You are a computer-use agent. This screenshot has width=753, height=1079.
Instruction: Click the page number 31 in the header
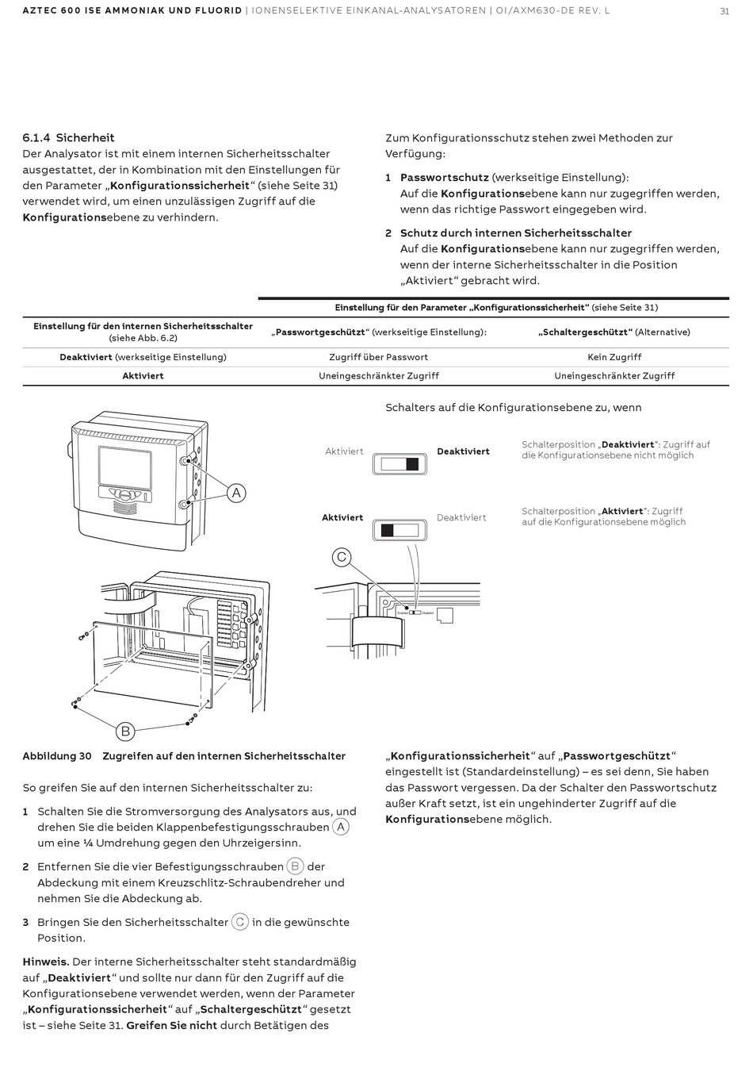tap(724, 11)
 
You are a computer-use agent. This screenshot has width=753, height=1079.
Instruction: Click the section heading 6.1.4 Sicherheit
tap(69, 138)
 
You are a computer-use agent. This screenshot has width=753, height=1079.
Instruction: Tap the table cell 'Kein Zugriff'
tap(614, 357)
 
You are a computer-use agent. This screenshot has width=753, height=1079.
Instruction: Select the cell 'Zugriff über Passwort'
tap(378, 357)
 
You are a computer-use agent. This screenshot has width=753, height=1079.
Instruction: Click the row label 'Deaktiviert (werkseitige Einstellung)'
tap(143, 357)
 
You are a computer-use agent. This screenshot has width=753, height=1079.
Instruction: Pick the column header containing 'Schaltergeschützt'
tap(614, 332)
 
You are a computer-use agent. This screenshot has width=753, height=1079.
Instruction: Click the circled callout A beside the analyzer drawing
tap(235, 493)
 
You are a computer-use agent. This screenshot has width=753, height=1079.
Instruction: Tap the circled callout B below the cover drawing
tap(124, 731)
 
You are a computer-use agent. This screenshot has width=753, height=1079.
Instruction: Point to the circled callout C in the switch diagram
tap(342, 557)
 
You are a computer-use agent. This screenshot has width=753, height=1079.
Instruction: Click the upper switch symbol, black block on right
tap(399, 464)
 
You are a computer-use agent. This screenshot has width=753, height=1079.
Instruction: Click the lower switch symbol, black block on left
tap(399, 530)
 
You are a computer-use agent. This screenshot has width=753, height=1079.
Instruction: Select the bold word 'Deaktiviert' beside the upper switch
tap(463, 451)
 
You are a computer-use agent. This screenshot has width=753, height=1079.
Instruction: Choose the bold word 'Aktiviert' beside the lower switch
tap(342, 517)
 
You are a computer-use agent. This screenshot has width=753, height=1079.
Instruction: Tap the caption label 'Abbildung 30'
tap(57, 756)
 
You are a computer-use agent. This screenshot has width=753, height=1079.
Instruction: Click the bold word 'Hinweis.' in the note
tap(46, 962)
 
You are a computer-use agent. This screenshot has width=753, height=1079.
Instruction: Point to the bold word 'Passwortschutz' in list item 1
tap(444, 178)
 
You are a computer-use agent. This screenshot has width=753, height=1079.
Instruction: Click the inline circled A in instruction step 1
tap(341, 827)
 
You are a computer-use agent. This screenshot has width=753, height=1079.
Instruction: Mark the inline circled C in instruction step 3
tap(240, 922)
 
